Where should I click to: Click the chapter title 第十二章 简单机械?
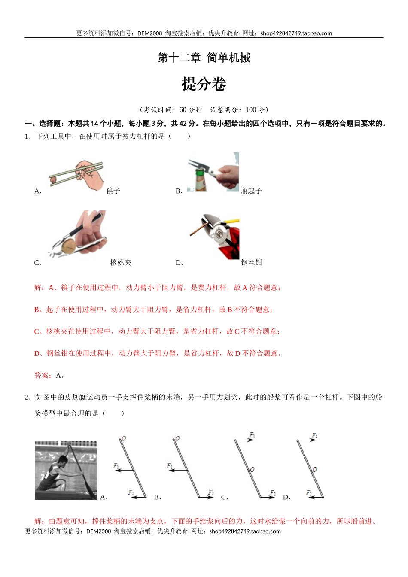coord(204,58)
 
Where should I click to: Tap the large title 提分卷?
coord(204,84)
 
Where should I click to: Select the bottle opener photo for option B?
coord(213,172)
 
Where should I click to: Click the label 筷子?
coord(113,191)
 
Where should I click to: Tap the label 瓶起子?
coord(251,191)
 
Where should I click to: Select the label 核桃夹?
coord(121,263)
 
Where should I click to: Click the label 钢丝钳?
coord(252,263)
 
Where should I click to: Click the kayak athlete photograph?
coord(66,470)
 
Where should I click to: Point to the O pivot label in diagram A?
coord(124,438)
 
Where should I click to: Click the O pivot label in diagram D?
coord(315,469)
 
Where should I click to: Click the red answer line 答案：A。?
coord(50,376)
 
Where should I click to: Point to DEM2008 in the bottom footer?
coord(98,531)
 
